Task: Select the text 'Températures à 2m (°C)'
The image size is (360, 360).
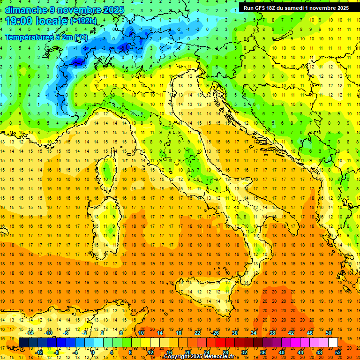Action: click(46, 37)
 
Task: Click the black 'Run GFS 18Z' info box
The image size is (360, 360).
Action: click(296, 7)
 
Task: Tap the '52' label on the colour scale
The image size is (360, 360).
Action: click(338, 352)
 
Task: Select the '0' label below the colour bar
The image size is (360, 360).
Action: click(93, 352)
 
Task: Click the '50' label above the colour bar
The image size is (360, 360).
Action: click(328, 332)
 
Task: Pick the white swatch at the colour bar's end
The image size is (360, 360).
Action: click(333, 342)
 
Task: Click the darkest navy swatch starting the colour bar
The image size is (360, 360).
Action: click(23, 342)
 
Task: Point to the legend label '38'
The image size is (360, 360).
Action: click(272, 332)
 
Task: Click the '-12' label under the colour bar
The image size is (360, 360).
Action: click(39, 352)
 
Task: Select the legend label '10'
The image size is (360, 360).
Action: click(141, 332)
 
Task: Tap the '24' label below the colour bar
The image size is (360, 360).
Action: click(207, 352)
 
